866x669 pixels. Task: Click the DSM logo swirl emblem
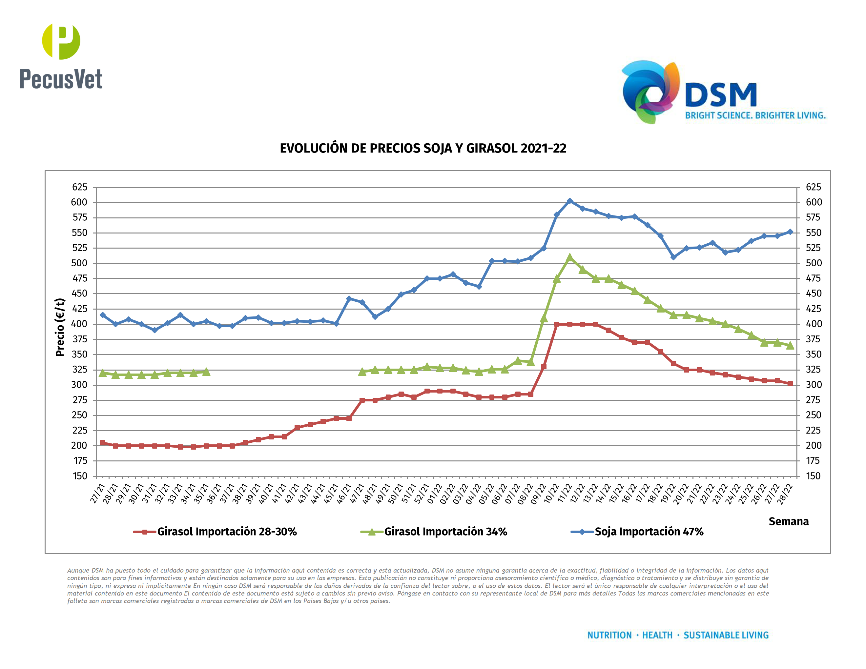(650, 92)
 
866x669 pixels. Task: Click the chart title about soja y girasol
(423, 148)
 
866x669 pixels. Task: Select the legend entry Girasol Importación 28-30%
(226, 532)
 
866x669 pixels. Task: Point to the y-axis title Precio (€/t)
(60, 327)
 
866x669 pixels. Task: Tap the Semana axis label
(788, 521)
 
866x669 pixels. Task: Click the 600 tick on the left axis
(79, 202)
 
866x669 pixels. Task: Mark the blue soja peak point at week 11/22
(570, 201)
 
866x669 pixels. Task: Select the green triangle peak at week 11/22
(570, 258)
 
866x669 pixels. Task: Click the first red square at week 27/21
(103, 443)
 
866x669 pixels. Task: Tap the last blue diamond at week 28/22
(790, 232)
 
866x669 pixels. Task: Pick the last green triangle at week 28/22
(790, 346)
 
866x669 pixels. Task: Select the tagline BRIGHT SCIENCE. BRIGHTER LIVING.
(755, 115)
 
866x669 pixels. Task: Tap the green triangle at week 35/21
(206, 372)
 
